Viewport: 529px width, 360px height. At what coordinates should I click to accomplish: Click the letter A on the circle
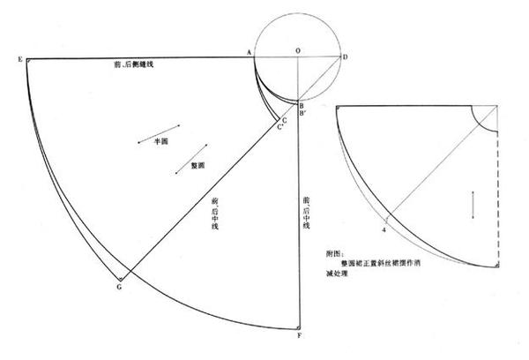pyautogui.click(x=250, y=53)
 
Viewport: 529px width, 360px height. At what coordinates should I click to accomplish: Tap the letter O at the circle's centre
pyautogui.click(x=298, y=52)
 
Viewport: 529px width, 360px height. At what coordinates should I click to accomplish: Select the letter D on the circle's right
pyautogui.click(x=345, y=57)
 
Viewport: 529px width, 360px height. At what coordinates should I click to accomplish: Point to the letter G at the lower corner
pyautogui.click(x=118, y=286)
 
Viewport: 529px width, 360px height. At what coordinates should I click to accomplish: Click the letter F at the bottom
pyautogui.click(x=300, y=336)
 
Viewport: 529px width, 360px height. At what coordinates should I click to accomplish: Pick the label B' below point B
pyautogui.click(x=303, y=114)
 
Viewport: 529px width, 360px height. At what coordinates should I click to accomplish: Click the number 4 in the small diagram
pyautogui.click(x=384, y=229)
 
